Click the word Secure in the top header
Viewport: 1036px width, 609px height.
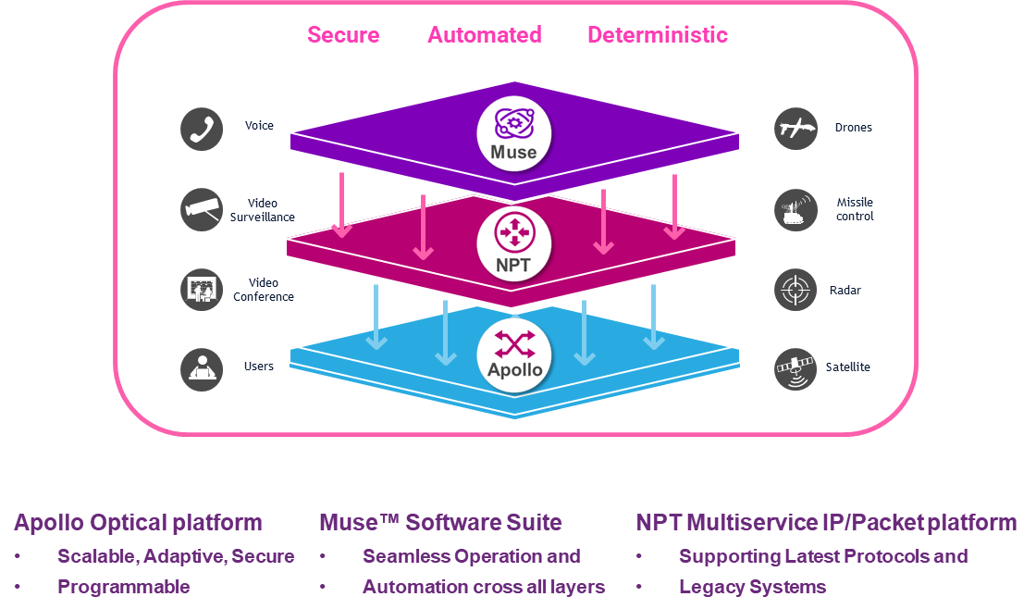343,35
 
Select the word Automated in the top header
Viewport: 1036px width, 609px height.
484,35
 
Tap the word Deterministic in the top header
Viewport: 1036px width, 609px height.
657,35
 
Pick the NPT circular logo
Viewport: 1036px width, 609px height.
513,242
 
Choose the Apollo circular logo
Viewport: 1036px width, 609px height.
513,356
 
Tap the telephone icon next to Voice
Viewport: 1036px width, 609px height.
202,128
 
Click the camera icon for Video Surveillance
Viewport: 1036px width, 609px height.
202,209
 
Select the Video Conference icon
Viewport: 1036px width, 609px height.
202,290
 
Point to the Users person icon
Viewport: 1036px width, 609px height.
202,367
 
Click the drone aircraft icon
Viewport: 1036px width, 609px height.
795,128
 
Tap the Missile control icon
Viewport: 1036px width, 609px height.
795,209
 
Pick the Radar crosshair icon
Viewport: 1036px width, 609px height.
795,290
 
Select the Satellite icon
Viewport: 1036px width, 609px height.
795,367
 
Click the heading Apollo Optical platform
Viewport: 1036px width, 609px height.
138,522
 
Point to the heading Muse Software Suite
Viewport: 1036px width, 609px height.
440,522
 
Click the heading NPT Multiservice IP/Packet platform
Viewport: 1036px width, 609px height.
826,522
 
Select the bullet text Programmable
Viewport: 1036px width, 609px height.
123,587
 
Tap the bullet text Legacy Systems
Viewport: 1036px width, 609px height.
752,587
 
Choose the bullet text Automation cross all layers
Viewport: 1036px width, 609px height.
484,587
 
